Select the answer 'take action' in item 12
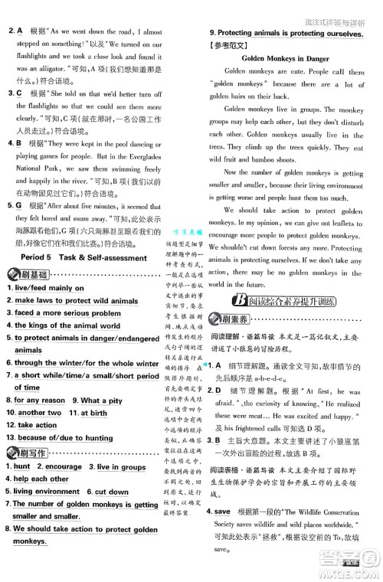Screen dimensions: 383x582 36,425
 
